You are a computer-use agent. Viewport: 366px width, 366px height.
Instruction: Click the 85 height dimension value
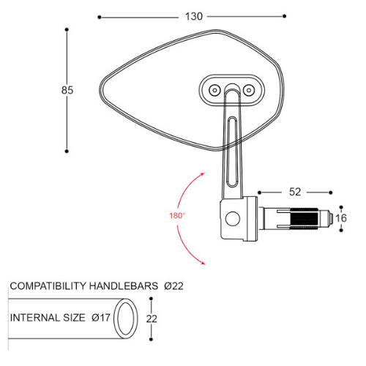coord(67,90)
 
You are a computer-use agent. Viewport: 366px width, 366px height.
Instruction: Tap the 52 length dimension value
coord(295,192)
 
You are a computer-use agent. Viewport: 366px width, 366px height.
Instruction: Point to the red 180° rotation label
coord(176,216)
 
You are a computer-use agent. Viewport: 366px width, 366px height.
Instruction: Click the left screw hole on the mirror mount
coord(214,89)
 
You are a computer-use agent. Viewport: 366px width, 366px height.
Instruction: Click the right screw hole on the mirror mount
coord(249,89)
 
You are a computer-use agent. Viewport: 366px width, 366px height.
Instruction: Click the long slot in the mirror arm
coord(232,139)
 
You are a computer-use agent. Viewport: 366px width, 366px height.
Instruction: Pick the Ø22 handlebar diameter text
coord(173,286)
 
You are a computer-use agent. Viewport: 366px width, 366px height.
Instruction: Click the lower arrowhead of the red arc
coord(203,264)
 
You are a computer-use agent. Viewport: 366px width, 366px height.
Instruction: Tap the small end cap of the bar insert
coord(340,217)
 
